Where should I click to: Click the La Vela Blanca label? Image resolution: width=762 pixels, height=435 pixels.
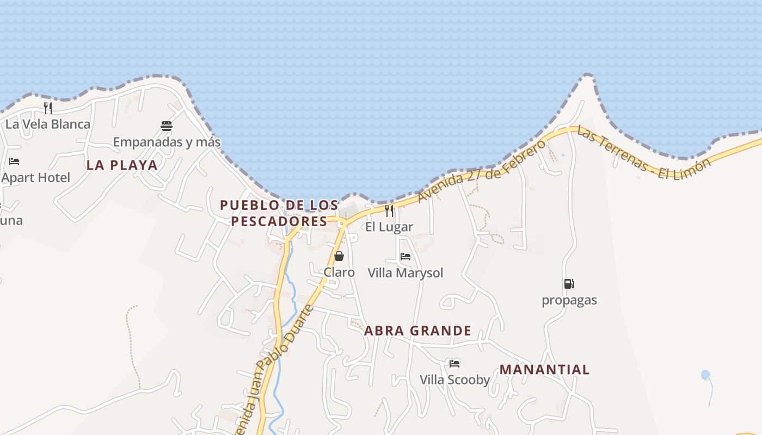click(48, 125)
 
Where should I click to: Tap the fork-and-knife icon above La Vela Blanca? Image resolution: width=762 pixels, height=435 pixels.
click(48, 108)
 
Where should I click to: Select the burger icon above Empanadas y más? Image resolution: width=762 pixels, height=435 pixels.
click(167, 126)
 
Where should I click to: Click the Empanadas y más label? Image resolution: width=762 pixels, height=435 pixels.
click(167, 142)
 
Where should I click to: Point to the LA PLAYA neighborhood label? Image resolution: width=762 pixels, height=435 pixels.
click(122, 165)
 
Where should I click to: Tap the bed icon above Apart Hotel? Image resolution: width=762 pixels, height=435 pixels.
click(14, 161)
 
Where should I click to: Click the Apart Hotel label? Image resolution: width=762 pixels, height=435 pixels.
click(36, 178)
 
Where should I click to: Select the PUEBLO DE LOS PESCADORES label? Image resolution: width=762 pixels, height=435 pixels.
click(279, 213)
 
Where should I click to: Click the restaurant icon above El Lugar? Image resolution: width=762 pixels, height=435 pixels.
click(389, 211)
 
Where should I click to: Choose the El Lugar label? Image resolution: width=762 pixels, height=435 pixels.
click(389, 227)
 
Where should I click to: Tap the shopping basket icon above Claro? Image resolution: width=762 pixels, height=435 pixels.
click(339, 256)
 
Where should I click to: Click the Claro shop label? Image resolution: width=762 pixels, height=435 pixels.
click(339, 272)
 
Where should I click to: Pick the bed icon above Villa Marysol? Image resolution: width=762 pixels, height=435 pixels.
click(405, 257)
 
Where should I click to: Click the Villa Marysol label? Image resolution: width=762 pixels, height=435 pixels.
click(405, 273)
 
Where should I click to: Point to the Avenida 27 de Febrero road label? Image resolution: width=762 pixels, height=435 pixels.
click(482, 171)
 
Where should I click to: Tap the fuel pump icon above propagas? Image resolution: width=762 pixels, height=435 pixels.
click(569, 284)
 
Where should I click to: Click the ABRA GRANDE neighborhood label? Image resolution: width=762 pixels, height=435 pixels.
click(417, 331)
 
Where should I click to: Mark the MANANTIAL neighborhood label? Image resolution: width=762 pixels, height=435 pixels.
click(544, 370)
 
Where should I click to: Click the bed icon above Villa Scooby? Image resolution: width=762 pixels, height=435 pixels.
click(454, 363)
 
